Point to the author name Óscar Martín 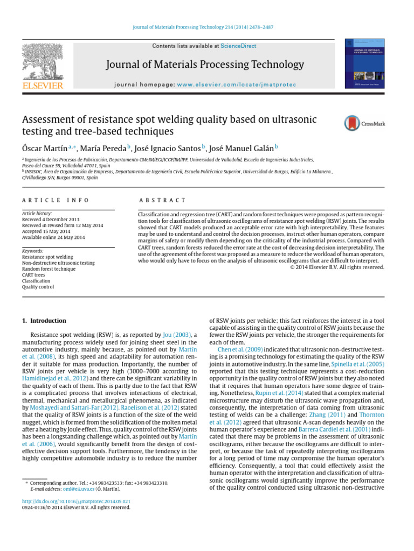(47, 147)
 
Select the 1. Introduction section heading (44, 321)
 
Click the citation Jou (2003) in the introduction (174, 335)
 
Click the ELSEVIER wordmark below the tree (42, 85)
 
